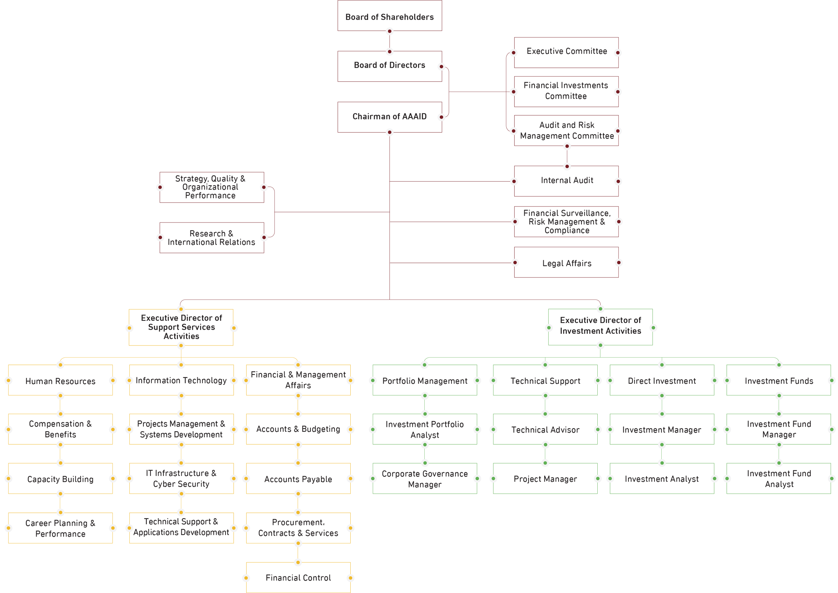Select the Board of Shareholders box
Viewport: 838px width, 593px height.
click(390, 17)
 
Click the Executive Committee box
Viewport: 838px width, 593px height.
click(567, 52)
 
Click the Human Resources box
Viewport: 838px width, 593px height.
click(60, 381)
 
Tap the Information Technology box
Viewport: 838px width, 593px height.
click(181, 381)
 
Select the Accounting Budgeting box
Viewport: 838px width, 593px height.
click(298, 429)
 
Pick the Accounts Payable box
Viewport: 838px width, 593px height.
click(298, 479)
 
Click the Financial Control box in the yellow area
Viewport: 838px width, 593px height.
click(298, 578)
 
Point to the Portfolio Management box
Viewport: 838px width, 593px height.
click(425, 381)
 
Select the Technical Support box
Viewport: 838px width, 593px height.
click(545, 381)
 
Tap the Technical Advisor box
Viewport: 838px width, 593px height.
click(545, 429)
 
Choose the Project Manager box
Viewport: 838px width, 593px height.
click(545, 479)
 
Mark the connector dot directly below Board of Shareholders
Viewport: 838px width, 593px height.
click(390, 32)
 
